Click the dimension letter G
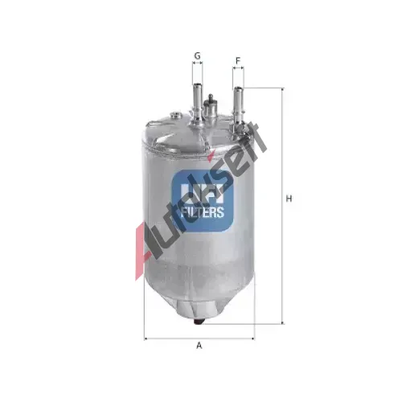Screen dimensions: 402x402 (197, 56)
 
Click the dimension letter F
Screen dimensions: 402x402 (238, 61)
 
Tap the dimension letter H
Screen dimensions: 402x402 (289, 199)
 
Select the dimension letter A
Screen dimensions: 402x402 (199, 346)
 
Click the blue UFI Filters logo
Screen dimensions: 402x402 (203, 200)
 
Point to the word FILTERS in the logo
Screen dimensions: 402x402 (203, 212)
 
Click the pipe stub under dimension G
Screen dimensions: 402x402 (198, 103)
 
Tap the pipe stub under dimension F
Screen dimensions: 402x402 (238, 106)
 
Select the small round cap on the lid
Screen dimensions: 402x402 (175, 115)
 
